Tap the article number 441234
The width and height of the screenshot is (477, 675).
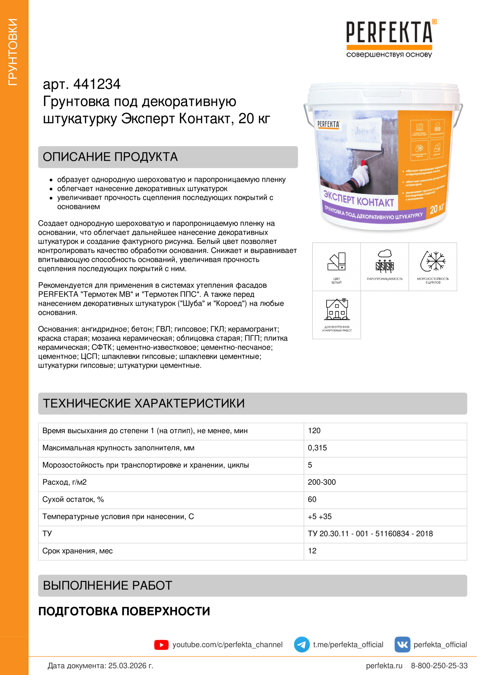point(97,84)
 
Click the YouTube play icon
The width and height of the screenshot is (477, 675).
point(161,645)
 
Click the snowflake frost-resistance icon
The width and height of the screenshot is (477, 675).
point(433,261)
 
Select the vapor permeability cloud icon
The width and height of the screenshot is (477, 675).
point(384,261)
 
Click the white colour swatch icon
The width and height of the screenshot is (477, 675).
point(336,261)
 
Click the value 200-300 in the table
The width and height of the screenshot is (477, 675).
point(321,482)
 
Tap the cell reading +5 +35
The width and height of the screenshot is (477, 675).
point(319,517)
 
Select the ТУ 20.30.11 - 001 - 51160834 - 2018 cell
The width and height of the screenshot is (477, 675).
point(370,534)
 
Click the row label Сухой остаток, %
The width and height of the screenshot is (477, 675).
point(73,499)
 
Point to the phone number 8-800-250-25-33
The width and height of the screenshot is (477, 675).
point(439,665)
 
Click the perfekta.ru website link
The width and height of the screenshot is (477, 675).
point(384,665)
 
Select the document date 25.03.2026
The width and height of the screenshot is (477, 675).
point(130,665)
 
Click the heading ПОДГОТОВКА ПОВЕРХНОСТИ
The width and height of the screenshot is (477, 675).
point(124,612)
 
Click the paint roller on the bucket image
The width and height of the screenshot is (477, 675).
point(364,138)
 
